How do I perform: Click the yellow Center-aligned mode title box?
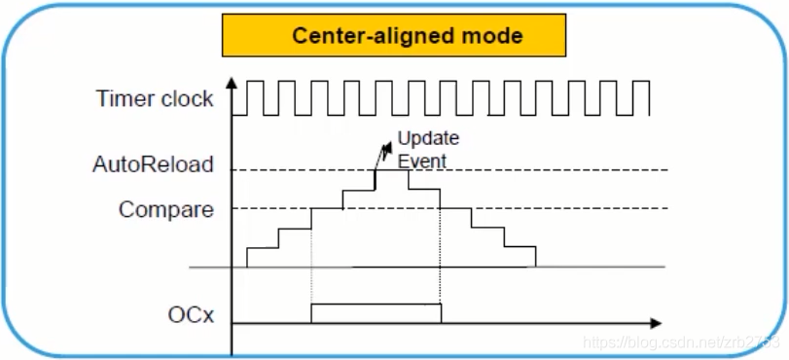point(394,35)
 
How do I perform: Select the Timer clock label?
point(155,98)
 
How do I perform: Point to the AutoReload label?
point(153,164)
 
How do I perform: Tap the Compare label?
point(166,209)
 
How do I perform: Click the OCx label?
point(191,315)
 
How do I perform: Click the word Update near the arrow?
point(428,138)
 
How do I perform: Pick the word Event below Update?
point(422,162)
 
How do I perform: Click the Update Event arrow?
point(383,156)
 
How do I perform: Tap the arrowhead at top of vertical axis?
point(232,81)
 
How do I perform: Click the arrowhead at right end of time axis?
point(655,323)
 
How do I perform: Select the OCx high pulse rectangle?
point(377,312)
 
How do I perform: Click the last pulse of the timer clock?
point(641,97)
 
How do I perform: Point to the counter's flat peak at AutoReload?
point(391,170)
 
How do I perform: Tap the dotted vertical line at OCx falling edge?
point(441,247)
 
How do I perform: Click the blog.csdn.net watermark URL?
point(681,342)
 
